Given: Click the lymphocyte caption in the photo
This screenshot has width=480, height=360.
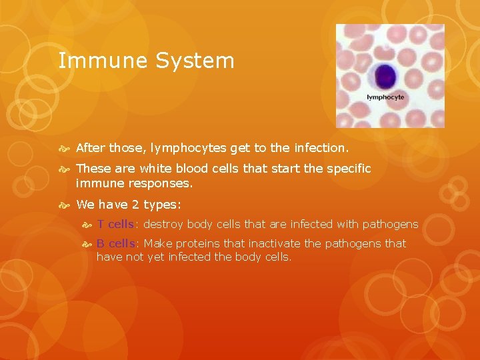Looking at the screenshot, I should (385, 97).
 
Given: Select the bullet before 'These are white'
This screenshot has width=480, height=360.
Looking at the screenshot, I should (65, 169).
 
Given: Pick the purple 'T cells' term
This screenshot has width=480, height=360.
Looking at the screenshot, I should (115, 224).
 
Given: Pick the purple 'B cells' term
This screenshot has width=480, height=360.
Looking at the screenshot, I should (115, 243).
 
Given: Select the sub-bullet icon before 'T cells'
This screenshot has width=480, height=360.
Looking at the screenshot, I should (87, 225).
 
